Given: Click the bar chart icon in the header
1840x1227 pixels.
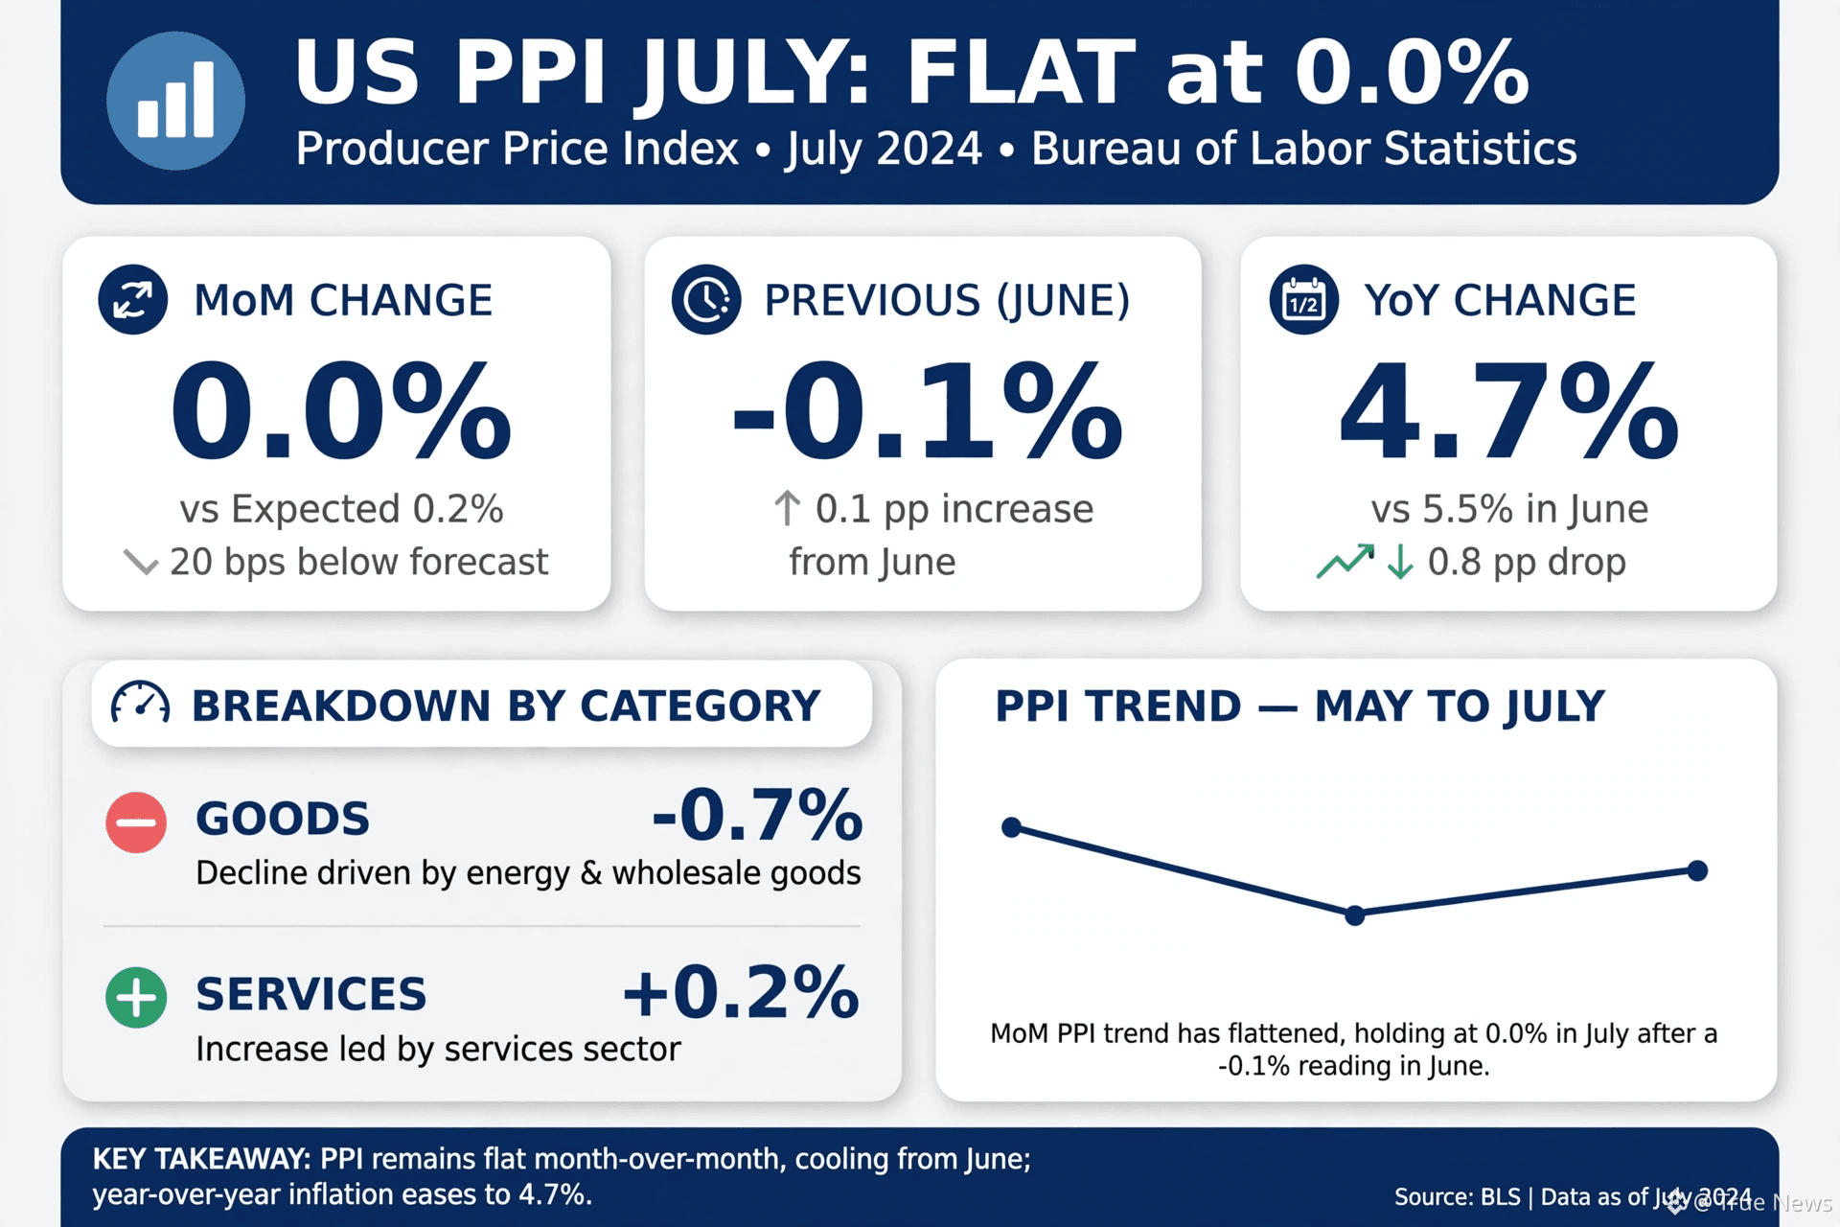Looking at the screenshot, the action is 175,101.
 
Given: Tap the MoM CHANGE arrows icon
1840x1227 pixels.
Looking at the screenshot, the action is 133,299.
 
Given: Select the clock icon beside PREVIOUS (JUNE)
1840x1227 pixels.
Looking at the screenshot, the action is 706,299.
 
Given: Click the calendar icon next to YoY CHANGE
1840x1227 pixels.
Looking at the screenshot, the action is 1304,299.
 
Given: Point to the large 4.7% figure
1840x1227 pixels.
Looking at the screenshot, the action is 1508,411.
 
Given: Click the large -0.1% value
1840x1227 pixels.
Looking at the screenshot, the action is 927,411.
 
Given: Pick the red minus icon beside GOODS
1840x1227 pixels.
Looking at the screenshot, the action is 136,822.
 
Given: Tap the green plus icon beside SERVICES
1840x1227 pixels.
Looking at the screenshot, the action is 136,997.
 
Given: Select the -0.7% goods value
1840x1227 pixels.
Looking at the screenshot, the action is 757,815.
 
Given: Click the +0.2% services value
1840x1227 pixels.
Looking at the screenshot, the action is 741,991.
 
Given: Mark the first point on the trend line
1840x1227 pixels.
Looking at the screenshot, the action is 1011,827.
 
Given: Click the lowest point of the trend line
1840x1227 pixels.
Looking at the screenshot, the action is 1354,915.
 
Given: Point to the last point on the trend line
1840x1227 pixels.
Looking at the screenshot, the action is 1697,870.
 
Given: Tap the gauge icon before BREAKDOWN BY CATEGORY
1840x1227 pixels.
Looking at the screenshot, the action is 140,704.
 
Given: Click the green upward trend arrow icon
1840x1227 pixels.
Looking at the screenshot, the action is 1345,562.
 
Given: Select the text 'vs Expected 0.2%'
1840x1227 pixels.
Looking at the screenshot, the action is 341,509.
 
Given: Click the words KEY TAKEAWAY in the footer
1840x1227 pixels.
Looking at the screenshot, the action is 201,1159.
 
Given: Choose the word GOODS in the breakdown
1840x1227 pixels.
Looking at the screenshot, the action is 283,819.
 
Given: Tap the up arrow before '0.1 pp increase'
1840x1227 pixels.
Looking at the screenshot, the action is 787,509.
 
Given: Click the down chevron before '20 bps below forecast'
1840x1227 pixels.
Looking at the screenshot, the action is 141,563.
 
